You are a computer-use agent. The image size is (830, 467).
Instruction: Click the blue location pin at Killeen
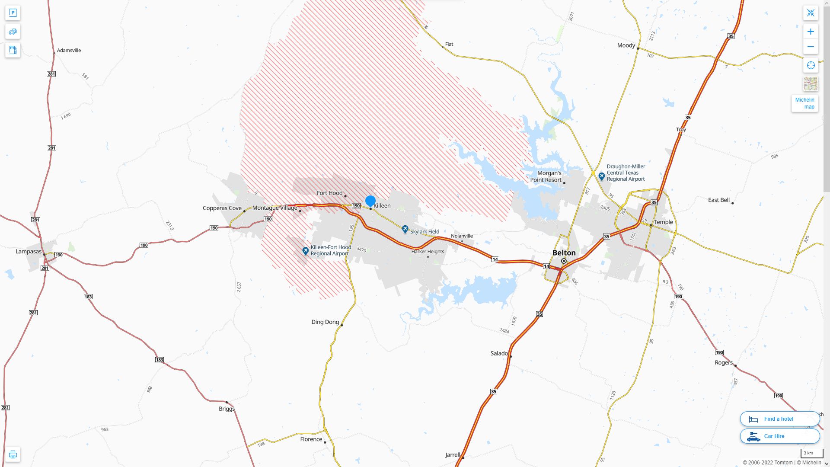[370, 201]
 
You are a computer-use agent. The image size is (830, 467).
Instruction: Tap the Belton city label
[564, 253]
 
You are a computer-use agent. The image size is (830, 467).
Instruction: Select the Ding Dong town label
[325, 322]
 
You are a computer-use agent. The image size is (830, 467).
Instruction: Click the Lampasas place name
[29, 252]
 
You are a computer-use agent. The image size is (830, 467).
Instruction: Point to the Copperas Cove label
[222, 208]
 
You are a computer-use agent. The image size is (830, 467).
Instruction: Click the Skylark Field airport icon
[405, 229]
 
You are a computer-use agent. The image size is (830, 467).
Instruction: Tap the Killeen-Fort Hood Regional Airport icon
[306, 251]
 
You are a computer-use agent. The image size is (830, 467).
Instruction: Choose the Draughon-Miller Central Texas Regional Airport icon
[601, 176]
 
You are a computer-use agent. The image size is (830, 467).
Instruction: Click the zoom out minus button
[811, 47]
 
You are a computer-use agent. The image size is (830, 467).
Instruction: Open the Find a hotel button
[779, 419]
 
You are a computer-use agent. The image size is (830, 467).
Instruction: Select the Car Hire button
[779, 436]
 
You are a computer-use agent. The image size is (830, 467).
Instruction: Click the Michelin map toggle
[804, 103]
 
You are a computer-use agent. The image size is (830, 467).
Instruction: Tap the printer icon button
[13, 454]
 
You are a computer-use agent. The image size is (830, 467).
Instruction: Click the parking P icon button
[13, 13]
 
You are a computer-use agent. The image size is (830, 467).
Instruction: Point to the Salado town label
[499, 354]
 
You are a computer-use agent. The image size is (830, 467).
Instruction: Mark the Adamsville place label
[69, 51]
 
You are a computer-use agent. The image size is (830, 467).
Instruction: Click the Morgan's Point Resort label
[546, 176]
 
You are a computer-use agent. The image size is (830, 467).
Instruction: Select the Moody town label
[626, 46]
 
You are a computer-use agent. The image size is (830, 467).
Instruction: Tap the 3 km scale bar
[811, 454]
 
